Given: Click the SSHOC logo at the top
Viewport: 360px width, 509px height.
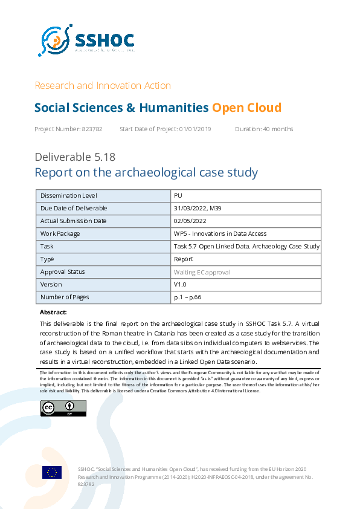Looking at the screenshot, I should click(x=86, y=41).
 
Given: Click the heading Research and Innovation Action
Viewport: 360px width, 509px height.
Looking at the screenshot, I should click(x=103, y=85).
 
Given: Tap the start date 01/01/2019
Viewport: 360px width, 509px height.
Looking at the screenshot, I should click(x=197, y=129).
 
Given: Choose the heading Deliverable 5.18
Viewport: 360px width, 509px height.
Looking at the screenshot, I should click(x=75, y=157).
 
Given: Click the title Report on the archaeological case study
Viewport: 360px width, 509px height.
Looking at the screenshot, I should click(x=146, y=173).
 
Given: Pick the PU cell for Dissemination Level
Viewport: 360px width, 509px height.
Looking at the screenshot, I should click(x=178, y=196).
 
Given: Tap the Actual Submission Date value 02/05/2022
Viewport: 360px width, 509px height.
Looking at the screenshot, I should click(x=190, y=221).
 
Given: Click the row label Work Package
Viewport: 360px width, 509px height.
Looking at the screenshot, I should click(x=60, y=234).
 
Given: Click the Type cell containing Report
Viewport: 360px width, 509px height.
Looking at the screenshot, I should click(x=183, y=259).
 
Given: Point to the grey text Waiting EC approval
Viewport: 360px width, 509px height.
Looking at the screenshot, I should click(x=202, y=272).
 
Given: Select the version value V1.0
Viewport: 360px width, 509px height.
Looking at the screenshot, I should click(x=180, y=285).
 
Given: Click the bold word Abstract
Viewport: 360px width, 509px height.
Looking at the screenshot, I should click(x=53, y=313).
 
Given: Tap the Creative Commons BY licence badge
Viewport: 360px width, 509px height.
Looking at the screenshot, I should click(x=63, y=408).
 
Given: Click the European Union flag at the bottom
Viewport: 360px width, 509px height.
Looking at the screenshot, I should click(x=52, y=472).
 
